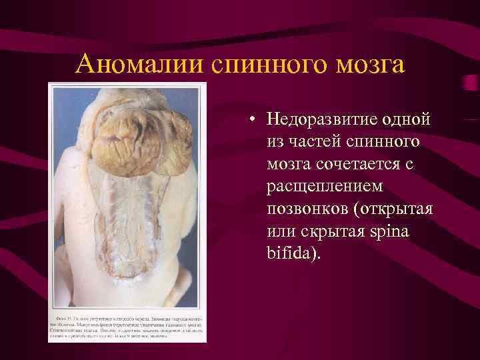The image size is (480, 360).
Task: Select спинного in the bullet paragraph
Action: tap(383, 143)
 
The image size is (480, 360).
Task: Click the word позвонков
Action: tap(303, 209)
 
